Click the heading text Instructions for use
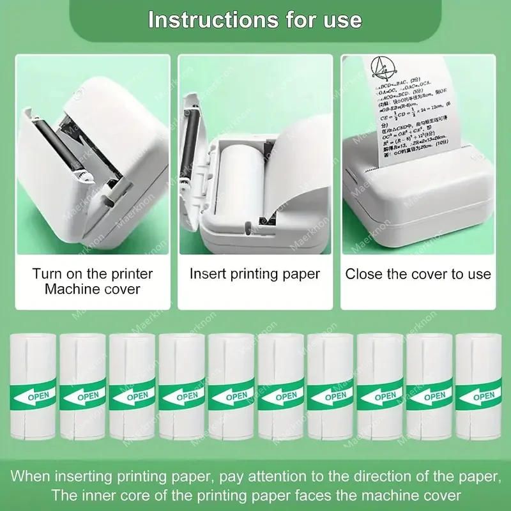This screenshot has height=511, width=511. [255, 19]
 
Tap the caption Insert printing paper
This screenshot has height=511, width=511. [255, 274]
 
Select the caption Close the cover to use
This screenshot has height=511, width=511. [418, 274]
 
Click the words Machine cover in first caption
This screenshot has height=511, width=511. [93, 289]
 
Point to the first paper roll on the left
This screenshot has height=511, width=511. [33, 387]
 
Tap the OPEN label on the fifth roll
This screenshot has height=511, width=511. [238, 395]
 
